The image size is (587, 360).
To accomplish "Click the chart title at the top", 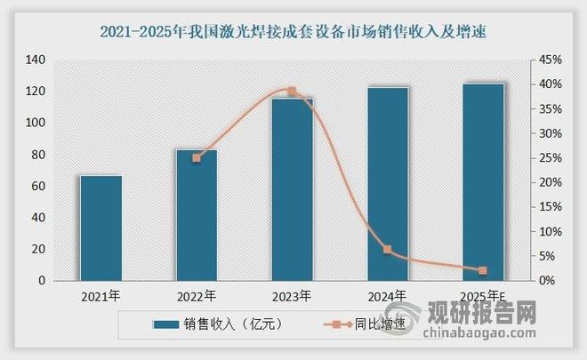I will (x=293, y=33).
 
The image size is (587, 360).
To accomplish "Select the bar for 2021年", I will (x=101, y=228).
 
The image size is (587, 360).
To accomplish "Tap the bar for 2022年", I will (x=196, y=215).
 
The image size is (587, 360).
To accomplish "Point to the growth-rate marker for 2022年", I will (x=197, y=157).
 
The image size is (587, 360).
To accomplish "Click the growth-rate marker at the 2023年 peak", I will (x=292, y=92).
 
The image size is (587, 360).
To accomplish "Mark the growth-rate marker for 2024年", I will (x=388, y=250).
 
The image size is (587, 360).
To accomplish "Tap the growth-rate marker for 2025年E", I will (x=483, y=270).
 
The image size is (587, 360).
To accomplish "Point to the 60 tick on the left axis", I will (x=38, y=186).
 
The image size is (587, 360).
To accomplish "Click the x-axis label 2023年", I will (x=292, y=296).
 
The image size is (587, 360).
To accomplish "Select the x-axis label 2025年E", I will (x=483, y=296).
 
